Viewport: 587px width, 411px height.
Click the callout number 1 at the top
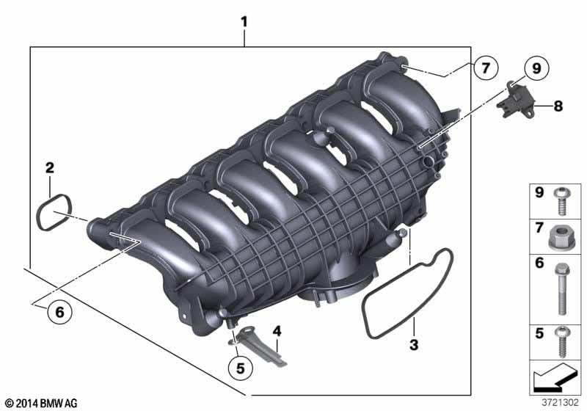[x=244, y=22]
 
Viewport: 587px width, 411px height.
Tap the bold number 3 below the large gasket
[x=414, y=345]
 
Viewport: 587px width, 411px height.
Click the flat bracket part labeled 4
[x=262, y=346]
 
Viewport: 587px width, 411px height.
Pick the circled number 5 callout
[x=241, y=368]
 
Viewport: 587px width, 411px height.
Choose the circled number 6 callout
[x=60, y=311]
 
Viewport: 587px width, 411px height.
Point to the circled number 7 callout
[x=486, y=68]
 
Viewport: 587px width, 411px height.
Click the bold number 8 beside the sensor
[x=558, y=106]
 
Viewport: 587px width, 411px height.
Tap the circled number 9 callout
[x=536, y=68]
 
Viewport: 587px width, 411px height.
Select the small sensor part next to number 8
[x=516, y=100]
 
